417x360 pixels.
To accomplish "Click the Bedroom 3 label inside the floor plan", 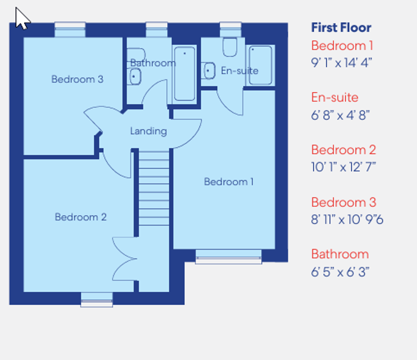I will coord(77,79).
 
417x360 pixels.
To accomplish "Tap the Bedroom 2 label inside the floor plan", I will coord(81,217).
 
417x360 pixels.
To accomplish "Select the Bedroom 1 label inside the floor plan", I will coord(229,181).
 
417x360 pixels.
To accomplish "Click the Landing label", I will coord(149,131).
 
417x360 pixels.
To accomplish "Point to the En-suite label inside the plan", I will coord(239,70).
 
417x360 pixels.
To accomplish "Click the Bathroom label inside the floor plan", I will coord(153,63).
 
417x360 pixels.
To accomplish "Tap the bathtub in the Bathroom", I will coord(185,73).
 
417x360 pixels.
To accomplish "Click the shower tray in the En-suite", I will coord(260,65).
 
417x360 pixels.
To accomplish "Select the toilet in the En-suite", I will coord(229,47).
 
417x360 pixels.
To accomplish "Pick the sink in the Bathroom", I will coord(134,76).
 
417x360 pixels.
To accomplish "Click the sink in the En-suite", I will coord(210,70).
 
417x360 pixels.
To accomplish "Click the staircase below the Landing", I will coord(153,188).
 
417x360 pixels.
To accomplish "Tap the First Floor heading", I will coord(341,28).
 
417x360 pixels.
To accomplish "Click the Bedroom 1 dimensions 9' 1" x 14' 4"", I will coord(341,63).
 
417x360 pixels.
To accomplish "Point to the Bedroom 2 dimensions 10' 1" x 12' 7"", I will coord(344,167).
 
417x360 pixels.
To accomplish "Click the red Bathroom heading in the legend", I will coord(340,254).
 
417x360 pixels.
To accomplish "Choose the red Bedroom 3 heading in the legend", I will coord(344,202).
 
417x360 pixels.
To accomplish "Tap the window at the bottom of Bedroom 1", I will coord(228,256).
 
